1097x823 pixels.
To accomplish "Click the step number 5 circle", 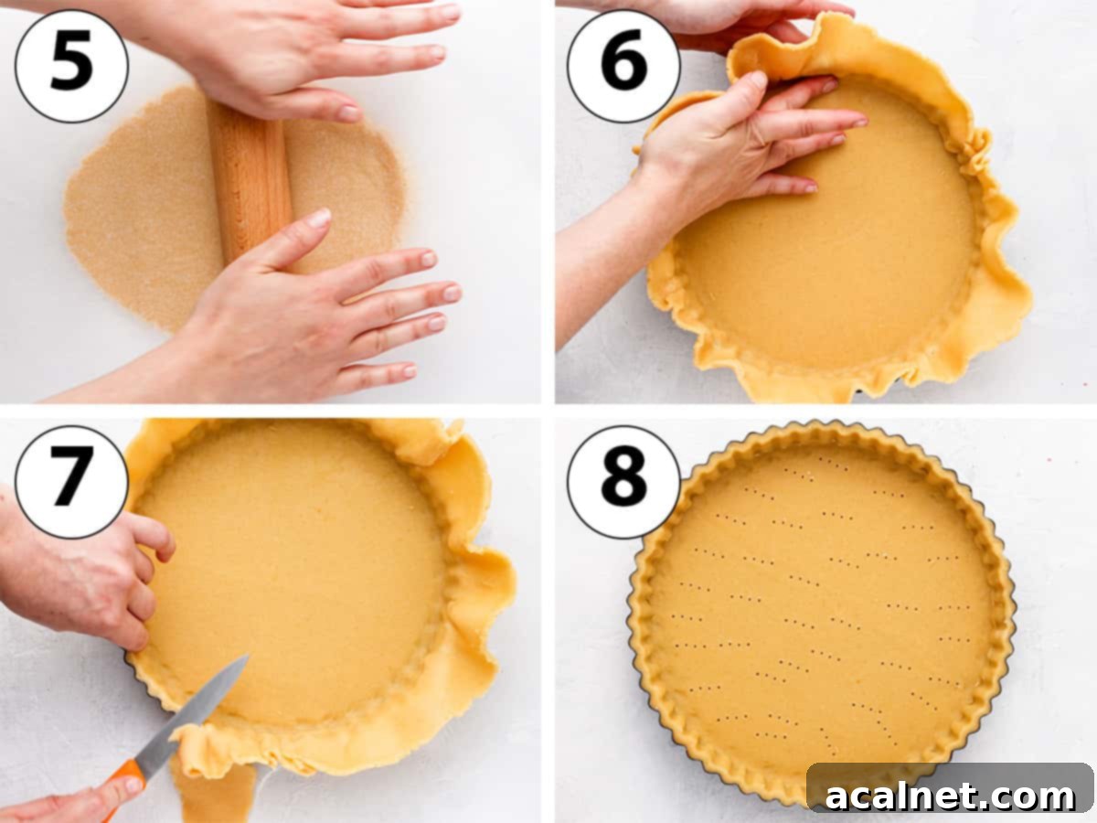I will pos(71,66).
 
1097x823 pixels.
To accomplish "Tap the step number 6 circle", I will pos(623,66).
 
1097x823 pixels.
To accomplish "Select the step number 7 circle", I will pos(71,482).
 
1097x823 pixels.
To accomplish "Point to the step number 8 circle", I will pos(623,482).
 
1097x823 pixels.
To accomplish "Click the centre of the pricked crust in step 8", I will pos(821,613).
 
